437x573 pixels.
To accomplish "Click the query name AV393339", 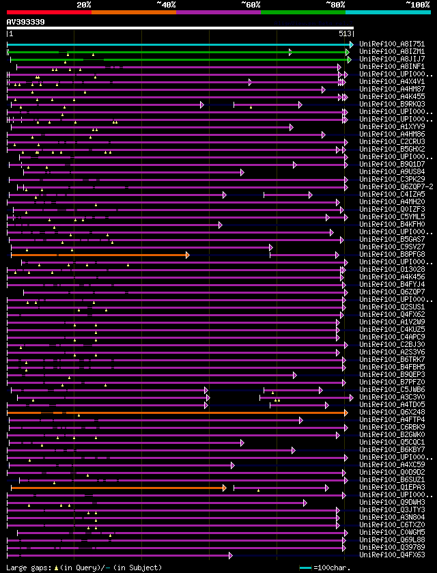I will [26, 22].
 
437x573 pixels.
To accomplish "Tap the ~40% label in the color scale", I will [166, 5].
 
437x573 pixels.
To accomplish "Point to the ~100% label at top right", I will [417, 5].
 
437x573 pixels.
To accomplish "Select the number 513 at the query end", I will [345, 33].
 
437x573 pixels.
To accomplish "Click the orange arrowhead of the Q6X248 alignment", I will [346, 413].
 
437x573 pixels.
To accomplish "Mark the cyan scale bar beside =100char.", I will [305, 568].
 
